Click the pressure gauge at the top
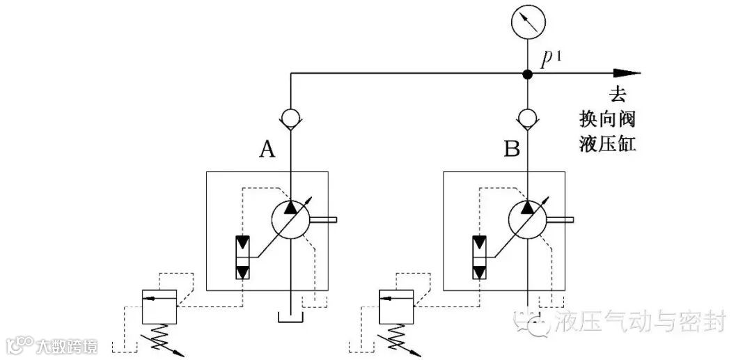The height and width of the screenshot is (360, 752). tap(527, 24)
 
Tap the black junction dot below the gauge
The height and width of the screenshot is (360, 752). tap(527, 73)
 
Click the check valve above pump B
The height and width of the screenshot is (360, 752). tap(527, 118)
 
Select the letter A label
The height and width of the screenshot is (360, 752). tap(266, 148)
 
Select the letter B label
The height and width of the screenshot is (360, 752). tap(511, 148)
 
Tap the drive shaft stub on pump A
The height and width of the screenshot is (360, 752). tap(326, 221)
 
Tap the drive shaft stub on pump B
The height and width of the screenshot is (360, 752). tap(563, 221)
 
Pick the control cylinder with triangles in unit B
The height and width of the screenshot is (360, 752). tap(480, 258)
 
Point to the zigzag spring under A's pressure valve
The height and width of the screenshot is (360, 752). tap(162, 338)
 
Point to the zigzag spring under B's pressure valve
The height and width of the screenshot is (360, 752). tap(399, 338)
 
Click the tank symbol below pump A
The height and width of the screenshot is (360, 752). tap(290, 318)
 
